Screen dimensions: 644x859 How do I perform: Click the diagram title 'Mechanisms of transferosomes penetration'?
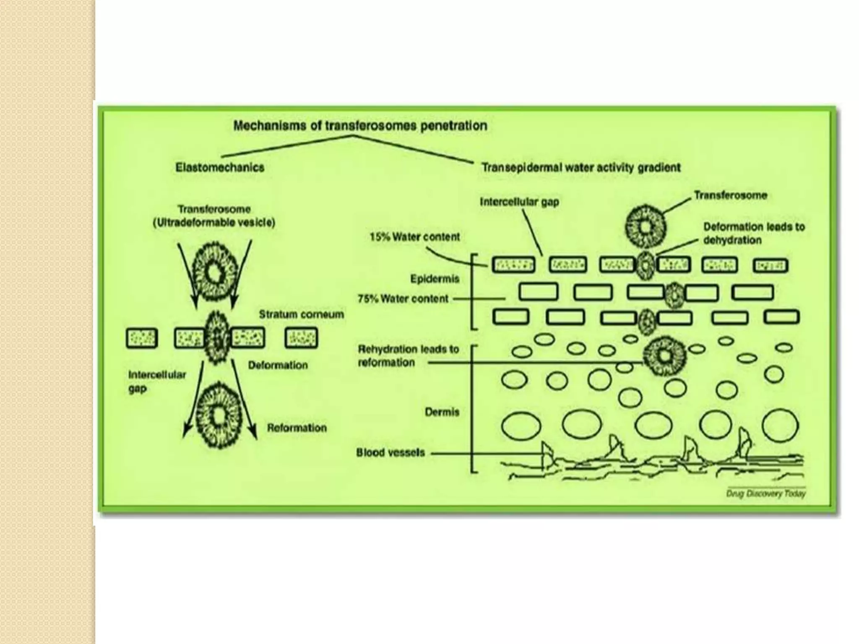click(x=360, y=125)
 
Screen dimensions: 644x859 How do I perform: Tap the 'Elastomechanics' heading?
click(x=220, y=168)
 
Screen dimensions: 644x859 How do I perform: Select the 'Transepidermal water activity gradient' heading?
click(x=581, y=168)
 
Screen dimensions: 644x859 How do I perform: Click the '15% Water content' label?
click(x=414, y=237)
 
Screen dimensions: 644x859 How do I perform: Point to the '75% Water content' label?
click(x=403, y=299)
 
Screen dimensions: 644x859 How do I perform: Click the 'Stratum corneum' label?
click(x=301, y=314)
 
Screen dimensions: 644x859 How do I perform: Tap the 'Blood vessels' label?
click(x=390, y=453)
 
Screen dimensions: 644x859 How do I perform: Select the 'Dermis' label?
click(x=442, y=412)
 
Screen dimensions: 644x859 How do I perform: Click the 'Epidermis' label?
click(x=435, y=279)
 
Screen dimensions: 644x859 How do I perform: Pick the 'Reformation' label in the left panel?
click(x=297, y=428)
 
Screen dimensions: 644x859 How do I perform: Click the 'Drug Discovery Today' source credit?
click(x=765, y=494)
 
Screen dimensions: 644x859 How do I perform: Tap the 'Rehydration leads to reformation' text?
click(x=408, y=356)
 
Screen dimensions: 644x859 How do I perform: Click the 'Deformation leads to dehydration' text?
click(x=754, y=234)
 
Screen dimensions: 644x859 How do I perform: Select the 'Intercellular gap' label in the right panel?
click(x=519, y=202)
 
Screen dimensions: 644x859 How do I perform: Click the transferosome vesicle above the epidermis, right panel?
click(x=646, y=226)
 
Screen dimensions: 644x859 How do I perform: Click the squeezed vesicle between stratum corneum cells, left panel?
click(x=218, y=338)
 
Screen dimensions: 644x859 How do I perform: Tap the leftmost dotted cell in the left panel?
click(x=142, y=338)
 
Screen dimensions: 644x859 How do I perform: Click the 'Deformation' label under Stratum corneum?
click(x=278, y=365)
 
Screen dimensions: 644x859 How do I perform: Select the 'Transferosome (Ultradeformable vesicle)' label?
click(x=214, y=216)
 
